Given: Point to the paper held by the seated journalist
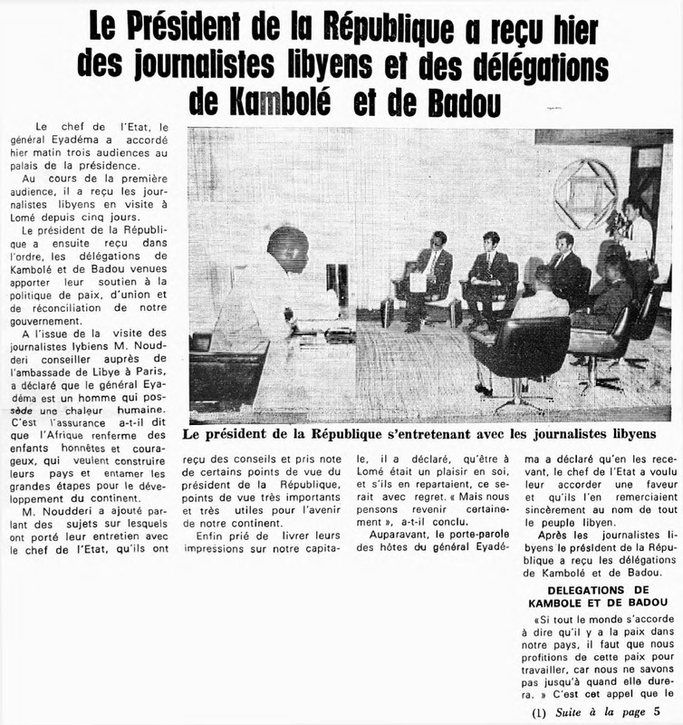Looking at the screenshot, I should pos(418,282).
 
